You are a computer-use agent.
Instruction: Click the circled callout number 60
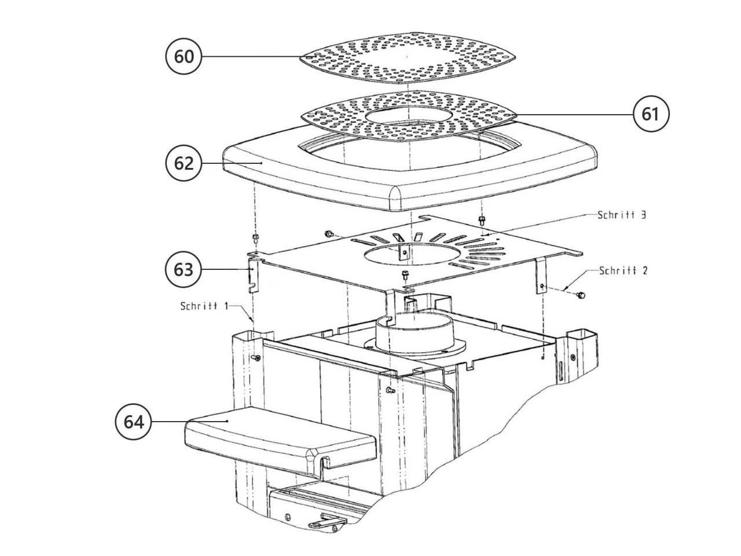click(x=184, y=56)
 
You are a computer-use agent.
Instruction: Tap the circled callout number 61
click(x=651, y=114)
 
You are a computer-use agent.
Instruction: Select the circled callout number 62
click(x=184, y=163)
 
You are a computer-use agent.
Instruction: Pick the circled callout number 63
click(x=184, y=270)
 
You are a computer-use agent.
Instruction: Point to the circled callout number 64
click(x=134, y=422)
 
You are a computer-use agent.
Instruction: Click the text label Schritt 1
click(x=204, y=306)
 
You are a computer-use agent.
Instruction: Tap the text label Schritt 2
click(x=623, y=270)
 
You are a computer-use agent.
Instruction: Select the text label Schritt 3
click(x=622, y=215)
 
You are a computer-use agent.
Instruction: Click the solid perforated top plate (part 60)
click(x=408, y=58)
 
